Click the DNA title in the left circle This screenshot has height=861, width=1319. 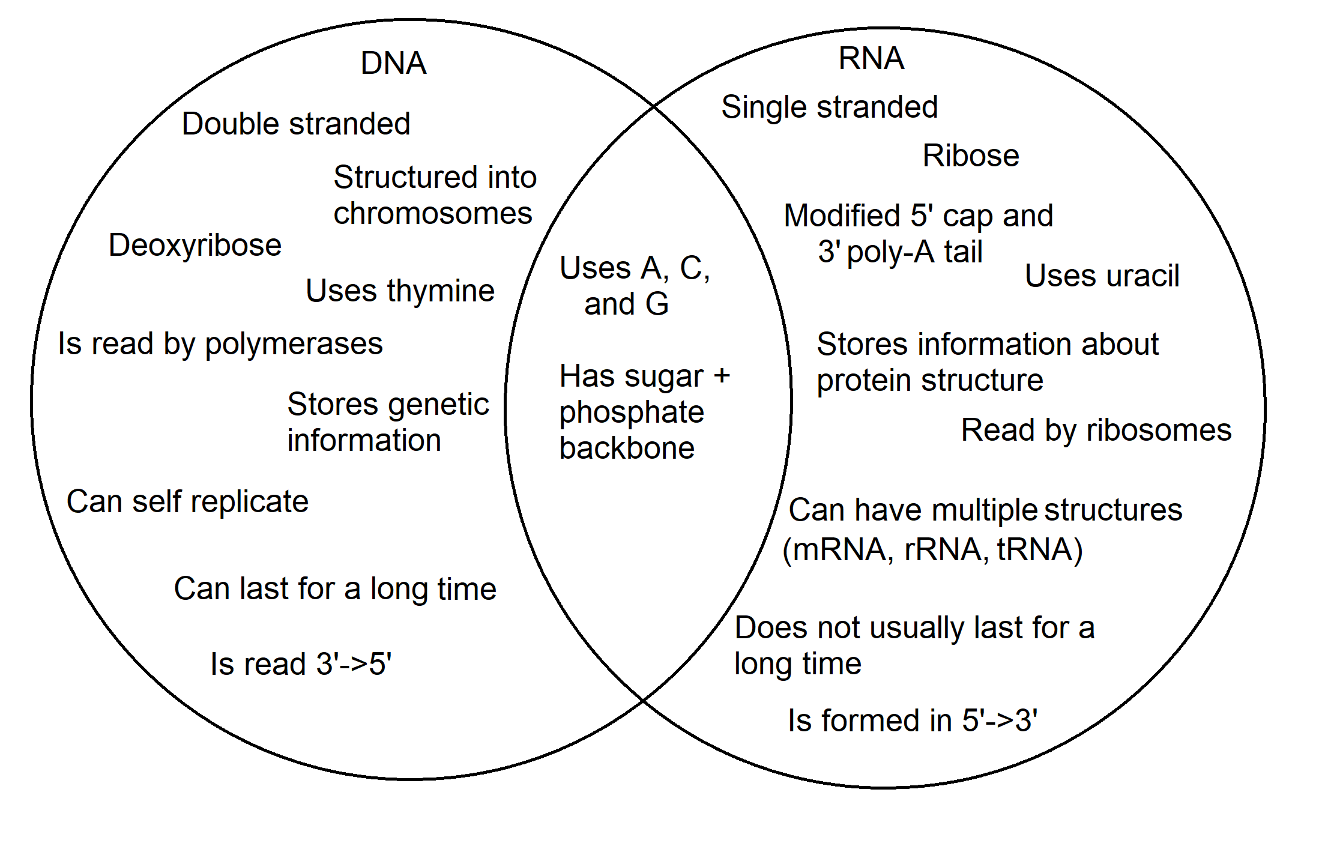pyautogui.click(x=393, y=63)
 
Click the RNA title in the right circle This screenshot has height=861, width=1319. pyautogui.click(x=871, y=58)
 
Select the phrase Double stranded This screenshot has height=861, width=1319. pyautogui.click(x=296, y=124)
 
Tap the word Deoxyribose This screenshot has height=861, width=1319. pyautogui.click(x=195, y=245)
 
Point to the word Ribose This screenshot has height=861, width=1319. pyautogui.click(x=970, y=156)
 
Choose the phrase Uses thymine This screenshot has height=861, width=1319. pyautogui.click(x=400, y=291)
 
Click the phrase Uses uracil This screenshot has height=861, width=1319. pyautogui.click(x=1102, y=276)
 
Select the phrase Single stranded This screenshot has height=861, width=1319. pyautogui.click(x=829, y=107)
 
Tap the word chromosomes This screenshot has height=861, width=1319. pyautogui.click(x=432, y=214)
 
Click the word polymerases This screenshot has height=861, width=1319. pyautogui.click(x=294, y=345)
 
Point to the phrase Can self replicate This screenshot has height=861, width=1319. pyautogui.click(x=187, y=501)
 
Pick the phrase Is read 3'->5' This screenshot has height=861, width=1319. pyautogui.click(x=301, y=664)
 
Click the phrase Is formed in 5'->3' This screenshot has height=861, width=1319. pyautogui.click(x=912, y=721)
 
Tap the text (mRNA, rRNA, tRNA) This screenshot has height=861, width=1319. pyautogui.click(x=932, y=549)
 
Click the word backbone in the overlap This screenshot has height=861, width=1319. pyautogui.click(x=627, y=449)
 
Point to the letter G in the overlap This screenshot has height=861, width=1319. pyautogui.click(x=657, y=304)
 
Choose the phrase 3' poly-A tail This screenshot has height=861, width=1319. pyautogui.click(x=899, y=252)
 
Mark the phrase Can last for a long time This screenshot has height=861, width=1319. pyautogui.click(x=335, y=589)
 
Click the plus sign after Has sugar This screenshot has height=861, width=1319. pyautogui.click(x=722, y=376)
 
